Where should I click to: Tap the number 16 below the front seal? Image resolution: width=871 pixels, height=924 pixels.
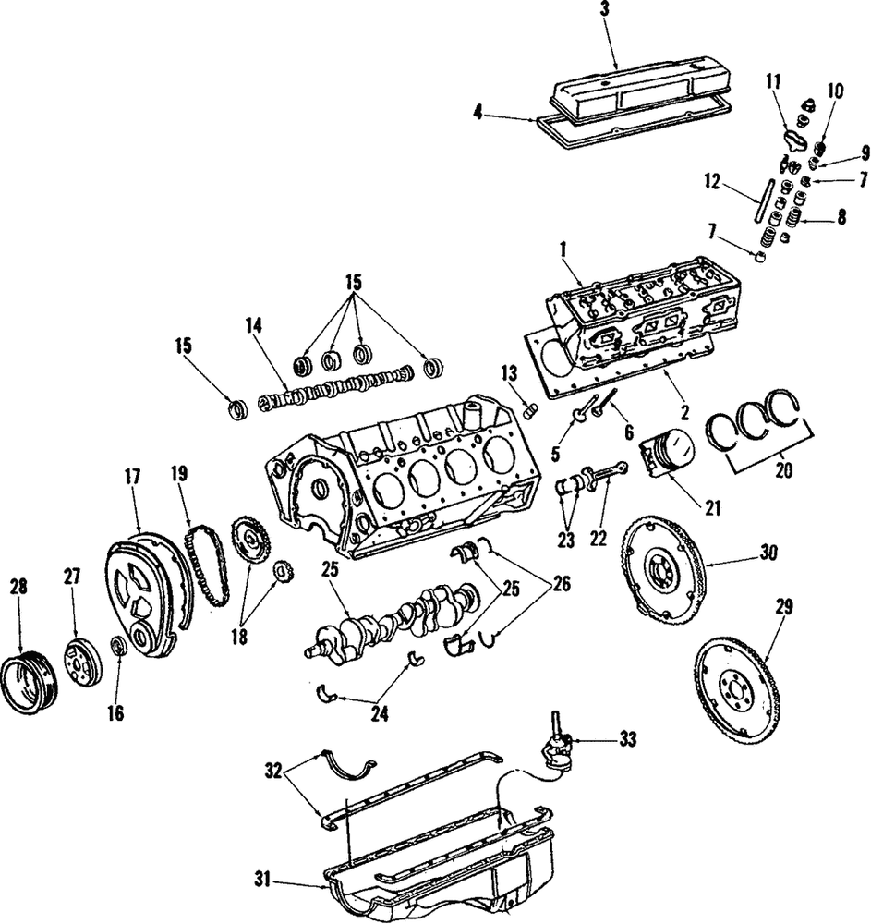[x=115, y=713]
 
